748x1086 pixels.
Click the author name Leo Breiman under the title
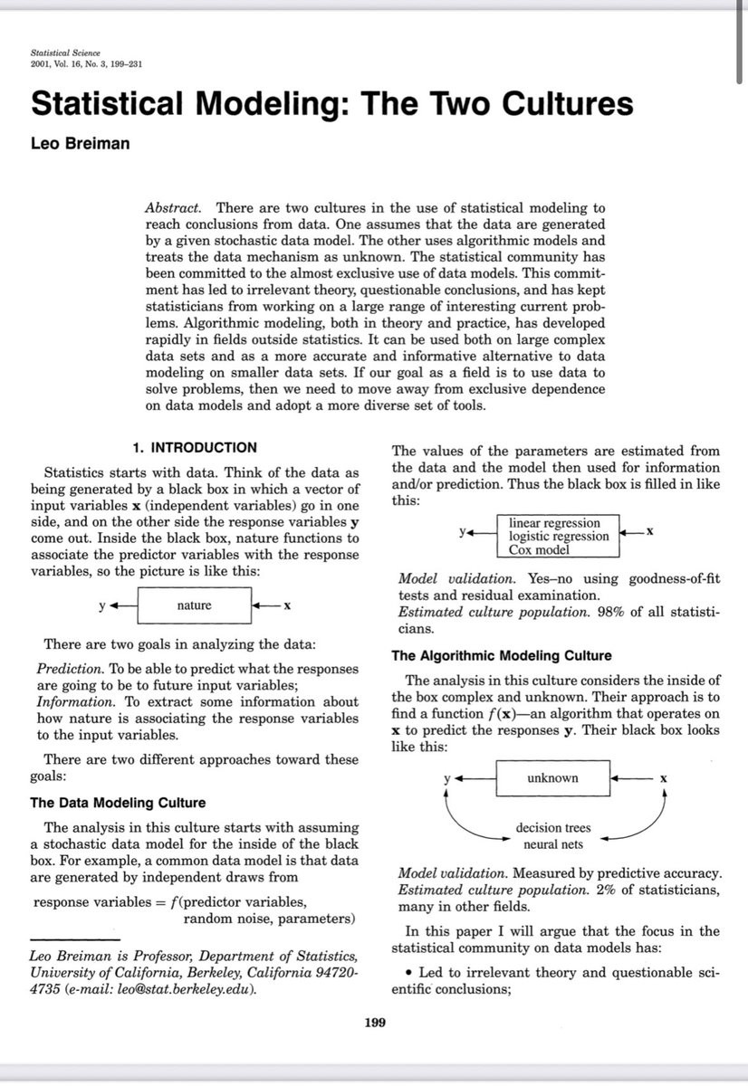(x=80, y=143)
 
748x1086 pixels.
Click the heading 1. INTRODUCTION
(x=195, y=447)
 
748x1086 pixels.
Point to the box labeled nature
(x=194, y=605)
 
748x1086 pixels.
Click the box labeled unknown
(x=552, y=778)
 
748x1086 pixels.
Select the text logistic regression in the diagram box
(x=559, y=536)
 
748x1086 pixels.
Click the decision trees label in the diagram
(x=552, y=828)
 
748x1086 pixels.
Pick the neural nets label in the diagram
(x=553, y=844)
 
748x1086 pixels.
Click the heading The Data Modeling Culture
(x=118, y=803)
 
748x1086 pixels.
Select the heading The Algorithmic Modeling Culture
(x=501, y=655)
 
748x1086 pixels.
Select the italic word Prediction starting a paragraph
(x=69, y=669)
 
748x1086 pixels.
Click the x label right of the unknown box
(x=664, y=778)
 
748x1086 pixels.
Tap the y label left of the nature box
(x=102, y=605)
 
